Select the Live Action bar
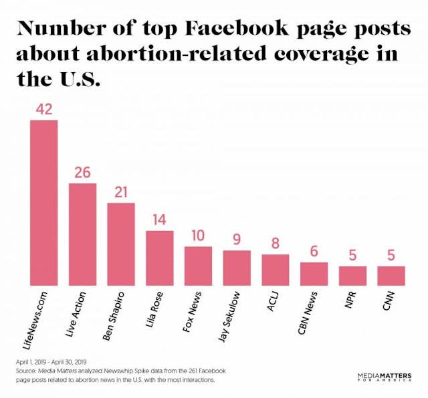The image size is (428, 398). pyautogui.click(x=82, y=234)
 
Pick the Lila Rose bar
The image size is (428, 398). pyautogui.click(x=160, y=258)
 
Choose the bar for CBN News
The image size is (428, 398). pyautogui.click(x=314, y=273)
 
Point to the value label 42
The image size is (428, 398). pyautogui.click(x=43, y=110)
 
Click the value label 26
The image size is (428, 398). pyautogui.click(x=82, y=172)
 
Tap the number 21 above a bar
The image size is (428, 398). pyautogui.click(x=121, y=192)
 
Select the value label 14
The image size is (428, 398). pyautogui.click(x=160, y=220)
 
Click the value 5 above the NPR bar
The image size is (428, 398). pyautogui.click(x=352, y=256)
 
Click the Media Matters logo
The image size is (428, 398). pyautogui.click(x=385, y=378)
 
